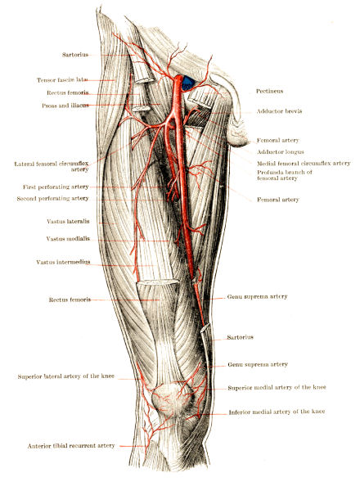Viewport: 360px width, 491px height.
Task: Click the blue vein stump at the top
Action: click(x=188, y=83)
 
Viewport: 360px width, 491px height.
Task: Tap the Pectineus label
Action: click(x=269, y=91)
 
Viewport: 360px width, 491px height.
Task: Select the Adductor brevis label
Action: click(x=279, y=111)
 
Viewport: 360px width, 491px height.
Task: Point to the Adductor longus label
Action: click(x=281, y=152)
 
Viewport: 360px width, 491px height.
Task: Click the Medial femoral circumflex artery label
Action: click(x=304, y=163)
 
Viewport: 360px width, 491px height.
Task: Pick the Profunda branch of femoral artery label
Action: click(x=285, y=175)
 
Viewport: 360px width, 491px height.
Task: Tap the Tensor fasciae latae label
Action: click(x=62, y=80)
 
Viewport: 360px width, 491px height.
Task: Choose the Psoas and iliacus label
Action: click(x=65, y=106)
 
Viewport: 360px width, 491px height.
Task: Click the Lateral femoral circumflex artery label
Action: click(x=52, y=167)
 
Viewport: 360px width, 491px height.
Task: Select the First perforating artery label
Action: click(x=56, y=187)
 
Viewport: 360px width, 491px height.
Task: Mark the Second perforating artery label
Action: click(x=52, y=199)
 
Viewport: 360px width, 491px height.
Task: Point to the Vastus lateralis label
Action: click(x=68, y=222)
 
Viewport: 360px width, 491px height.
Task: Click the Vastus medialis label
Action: click(x=68, y=239)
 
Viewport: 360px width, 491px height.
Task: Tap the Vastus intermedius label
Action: click(x=63, y=262)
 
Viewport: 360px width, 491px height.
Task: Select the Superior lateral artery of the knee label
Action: click(x=66, y=376)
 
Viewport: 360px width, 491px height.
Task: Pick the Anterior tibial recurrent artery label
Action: click(x=71, y=446)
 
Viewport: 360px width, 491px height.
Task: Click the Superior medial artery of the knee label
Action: click(x=277, y=387)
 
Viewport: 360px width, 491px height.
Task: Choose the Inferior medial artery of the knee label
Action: click(x=277, y=412)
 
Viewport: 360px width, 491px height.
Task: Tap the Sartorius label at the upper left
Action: click(x=75, y=55)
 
